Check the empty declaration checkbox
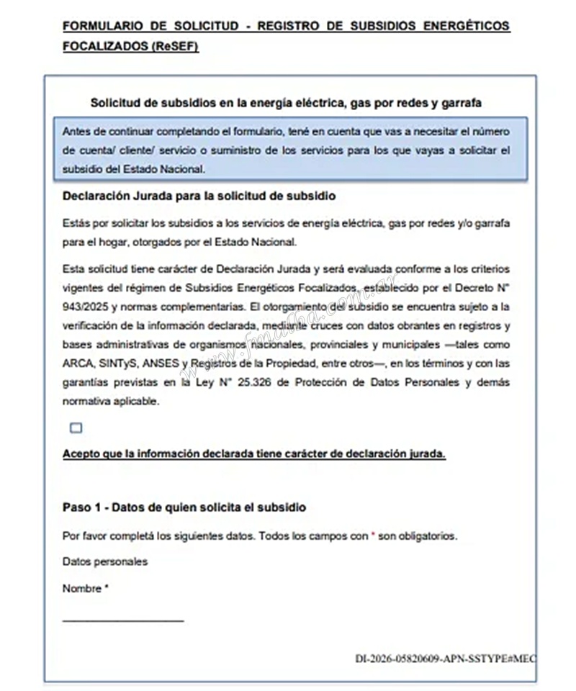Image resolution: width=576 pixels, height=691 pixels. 76,428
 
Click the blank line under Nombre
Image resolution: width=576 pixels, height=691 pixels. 123,620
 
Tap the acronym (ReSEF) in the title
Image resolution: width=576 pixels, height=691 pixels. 176,47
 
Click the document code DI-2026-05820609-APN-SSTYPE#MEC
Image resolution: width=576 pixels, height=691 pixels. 445,659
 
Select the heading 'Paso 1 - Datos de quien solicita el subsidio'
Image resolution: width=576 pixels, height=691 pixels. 184,507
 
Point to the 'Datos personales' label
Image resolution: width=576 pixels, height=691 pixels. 105,561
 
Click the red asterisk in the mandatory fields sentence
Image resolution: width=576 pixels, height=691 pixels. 373,536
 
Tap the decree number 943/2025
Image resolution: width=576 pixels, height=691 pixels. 85,307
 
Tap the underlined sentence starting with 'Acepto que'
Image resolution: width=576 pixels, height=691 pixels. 254,454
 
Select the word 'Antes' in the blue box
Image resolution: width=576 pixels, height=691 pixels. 76,132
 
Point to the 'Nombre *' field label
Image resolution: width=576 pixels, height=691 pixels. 86,588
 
